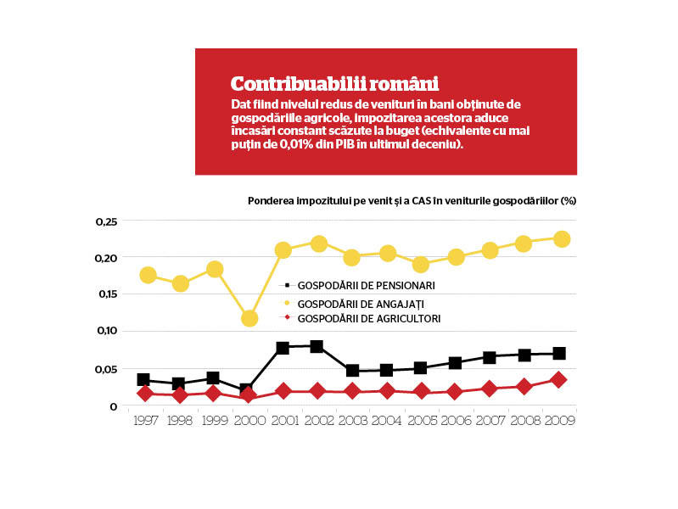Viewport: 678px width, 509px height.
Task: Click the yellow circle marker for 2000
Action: pyautogui.click(x=249, y=319)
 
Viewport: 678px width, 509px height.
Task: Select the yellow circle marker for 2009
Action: pyautogui.click(x=562, y=238)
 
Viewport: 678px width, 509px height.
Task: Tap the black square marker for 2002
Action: pyautogui.click(x=317, y=346)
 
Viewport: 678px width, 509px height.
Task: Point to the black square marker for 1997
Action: pyautogui.click(x=143, y=380)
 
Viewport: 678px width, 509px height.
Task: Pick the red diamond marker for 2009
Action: pyautogui.click(x=558, y=380)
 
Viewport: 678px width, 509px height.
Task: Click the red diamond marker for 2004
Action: pyautogui.click(x=387, y=391)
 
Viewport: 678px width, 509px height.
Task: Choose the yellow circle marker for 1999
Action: pyautogui.click(x=215, y=270)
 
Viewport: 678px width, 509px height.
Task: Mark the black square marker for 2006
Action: pyautogui.click(x=455, y=363)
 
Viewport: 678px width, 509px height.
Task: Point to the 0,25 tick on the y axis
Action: pyautogui.click(x=106, y=221)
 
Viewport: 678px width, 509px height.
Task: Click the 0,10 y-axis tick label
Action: pyautogui.click(x=107, y=331)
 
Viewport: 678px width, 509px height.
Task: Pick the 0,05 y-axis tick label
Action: pyautogui.click(x=106, y=369)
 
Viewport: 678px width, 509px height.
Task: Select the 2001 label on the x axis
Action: pyautogui.click(x=285, y=420)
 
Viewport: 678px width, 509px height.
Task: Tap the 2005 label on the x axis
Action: pyautogui.click(x=423, y=420)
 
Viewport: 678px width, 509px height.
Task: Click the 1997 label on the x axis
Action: pyautogui.click(x=146, y=420)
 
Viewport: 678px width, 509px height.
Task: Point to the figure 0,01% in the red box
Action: pyautogui.click(x=296, y=144)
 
